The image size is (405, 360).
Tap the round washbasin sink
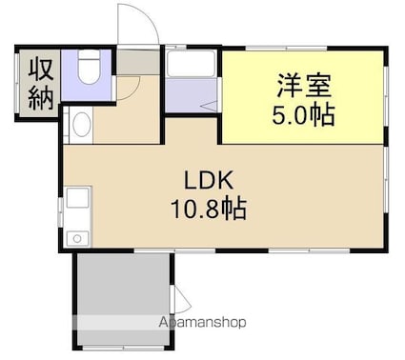coord(80,125)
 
